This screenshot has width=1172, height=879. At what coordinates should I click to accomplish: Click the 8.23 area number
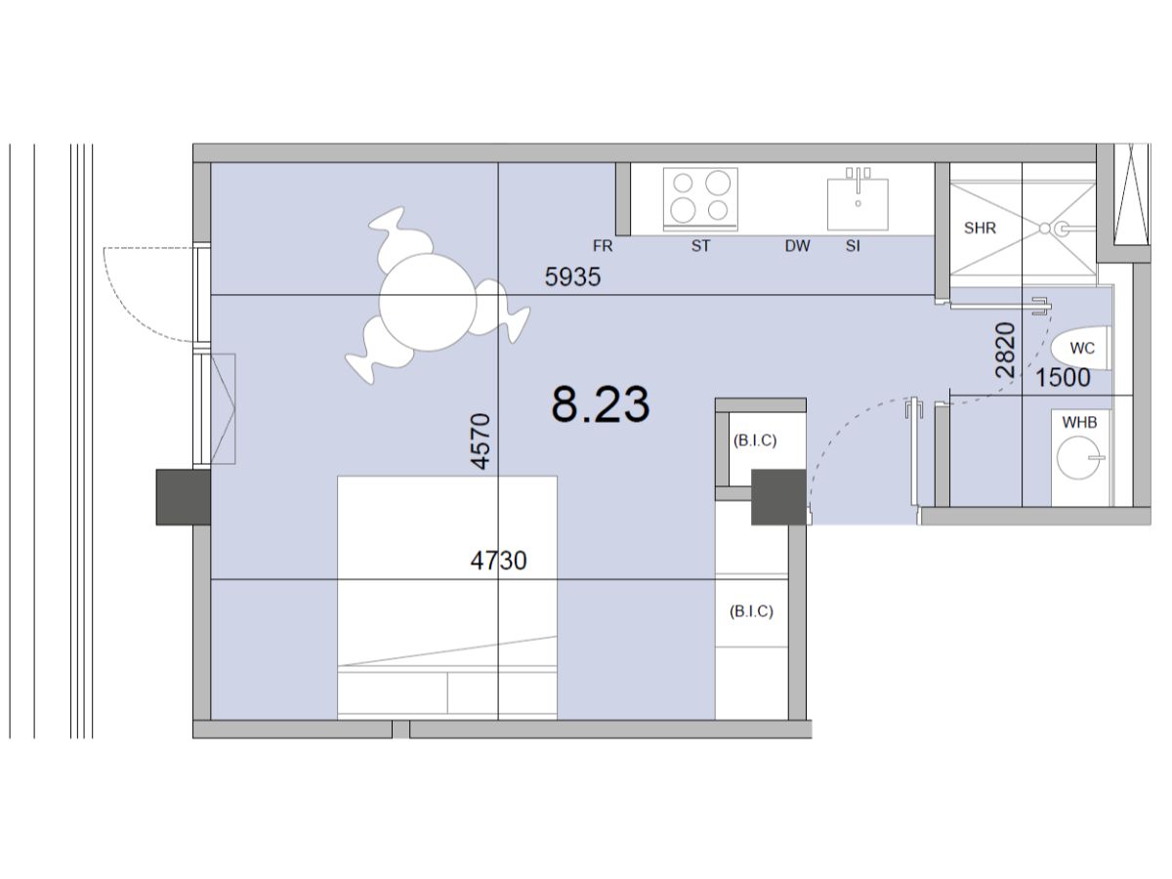tap(600, 404)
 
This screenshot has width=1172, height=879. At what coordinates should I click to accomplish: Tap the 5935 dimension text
tap(572, 277)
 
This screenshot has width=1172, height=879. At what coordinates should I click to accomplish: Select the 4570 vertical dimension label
tap(481, 440)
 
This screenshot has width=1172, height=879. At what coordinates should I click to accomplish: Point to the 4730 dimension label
tap(498, 561)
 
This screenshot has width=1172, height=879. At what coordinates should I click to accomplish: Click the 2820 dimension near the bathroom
tap(1005, 350)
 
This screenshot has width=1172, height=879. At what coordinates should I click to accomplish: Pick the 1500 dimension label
tap(1063, 378)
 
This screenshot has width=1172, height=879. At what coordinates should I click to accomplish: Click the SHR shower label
tap(980, 229)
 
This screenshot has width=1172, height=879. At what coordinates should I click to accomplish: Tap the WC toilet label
tap(1082, 349)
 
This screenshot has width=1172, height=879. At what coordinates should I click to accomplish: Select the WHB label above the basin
tap(1079, 423)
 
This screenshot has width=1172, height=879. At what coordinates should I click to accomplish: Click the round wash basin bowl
tap(1078, 457)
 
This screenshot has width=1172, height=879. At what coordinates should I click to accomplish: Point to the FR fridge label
tap(603, 246)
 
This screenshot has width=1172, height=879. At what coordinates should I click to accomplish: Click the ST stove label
tap(700, 246)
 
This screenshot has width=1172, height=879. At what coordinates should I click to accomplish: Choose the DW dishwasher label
tap(797, 246)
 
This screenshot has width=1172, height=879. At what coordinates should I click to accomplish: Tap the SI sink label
tap(853, 246)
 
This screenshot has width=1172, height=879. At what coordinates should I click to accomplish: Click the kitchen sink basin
tap(858, 204)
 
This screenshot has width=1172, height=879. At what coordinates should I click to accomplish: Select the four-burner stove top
tap(700, 199)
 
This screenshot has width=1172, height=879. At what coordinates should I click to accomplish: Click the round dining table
tap(428, 302)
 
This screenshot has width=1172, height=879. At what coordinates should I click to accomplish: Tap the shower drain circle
tap(1044, 229)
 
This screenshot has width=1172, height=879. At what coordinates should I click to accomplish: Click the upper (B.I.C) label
tap(754, 440)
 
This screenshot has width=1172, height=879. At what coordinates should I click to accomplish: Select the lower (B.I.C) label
tap(751, 611)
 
